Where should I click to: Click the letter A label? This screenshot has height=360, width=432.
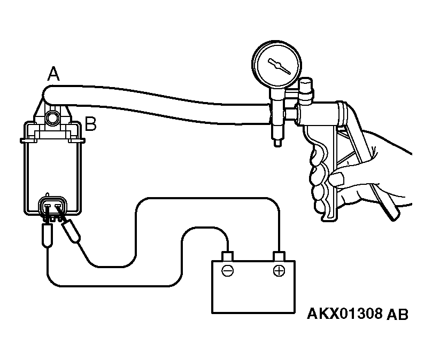pyautogui.click(x=53, y=74)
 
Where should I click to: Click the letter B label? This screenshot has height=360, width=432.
pyautogui.click(x=91, y=124)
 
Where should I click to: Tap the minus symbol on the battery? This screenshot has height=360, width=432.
pyautogui.click(x=228, y=271)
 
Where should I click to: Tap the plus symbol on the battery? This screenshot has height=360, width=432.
pyautogui.click(x=279, y=271)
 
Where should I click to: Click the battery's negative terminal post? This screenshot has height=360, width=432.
pyautogui.click(x=228, y=256)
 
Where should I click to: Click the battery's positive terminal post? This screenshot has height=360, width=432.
pyautogui.click(x=279, y=256)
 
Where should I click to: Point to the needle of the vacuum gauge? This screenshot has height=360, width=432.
pyautogui.click(x=279, y=66)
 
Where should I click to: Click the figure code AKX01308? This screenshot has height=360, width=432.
pyautogui.click(x=345, y=314)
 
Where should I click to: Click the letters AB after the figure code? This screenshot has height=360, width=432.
pyautogui.click(x=397, y=314)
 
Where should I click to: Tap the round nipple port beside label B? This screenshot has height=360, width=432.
pyautogui.click(x=52, y=119)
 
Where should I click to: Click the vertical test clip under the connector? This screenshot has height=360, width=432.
pyautogui.click(x=47, y=235)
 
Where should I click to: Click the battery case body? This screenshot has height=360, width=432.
pyautogui.click(x=253, y=287)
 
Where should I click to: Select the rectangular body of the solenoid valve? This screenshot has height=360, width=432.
pyautogui.click(x=52, y=168)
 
